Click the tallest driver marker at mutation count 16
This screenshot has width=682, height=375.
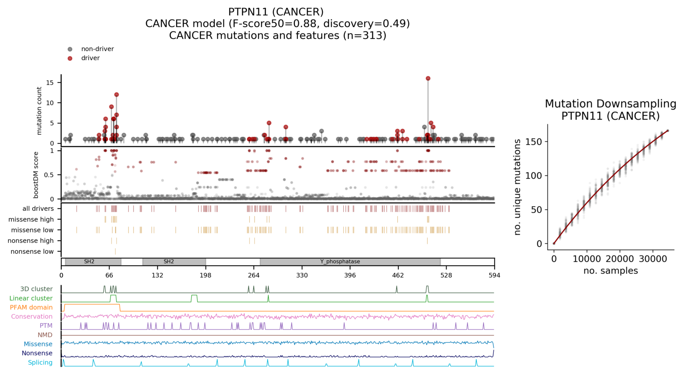(x=428, y=78)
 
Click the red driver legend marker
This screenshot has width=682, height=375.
(x=70, y=58)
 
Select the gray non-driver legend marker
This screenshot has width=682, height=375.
(x=70, y=49)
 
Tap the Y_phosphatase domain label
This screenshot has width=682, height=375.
(x=340, y=262)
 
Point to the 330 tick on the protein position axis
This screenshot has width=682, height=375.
(x=302, y=276)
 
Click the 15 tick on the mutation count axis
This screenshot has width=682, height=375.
(x=50, y=82)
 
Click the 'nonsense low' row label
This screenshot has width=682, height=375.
(x=32, y=252)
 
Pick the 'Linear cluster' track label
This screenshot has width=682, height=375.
(x=31, y=298)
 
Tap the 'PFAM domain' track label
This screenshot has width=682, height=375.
(x=31, y=307)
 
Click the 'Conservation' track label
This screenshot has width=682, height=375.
(x=32, y=317)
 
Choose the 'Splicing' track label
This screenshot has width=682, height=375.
(x=40, y=363)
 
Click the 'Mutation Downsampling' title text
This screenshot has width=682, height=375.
(x=610, y=104)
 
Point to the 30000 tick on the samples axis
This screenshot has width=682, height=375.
(x=653, y=259)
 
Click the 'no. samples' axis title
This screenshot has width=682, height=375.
(x=610, y=271)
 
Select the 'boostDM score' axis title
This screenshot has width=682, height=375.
(x=36, y=174)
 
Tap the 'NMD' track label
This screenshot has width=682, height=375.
(x=45, y=335)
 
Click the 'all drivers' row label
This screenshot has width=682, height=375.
(x=38, y=208)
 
